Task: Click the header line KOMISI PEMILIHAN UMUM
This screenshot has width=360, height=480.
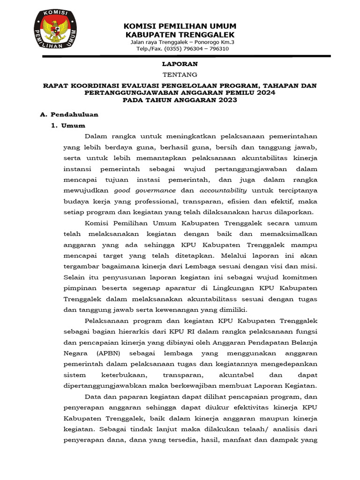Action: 180,26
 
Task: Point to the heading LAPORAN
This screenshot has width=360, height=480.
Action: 180,64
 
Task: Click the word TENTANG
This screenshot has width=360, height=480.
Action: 180,75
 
